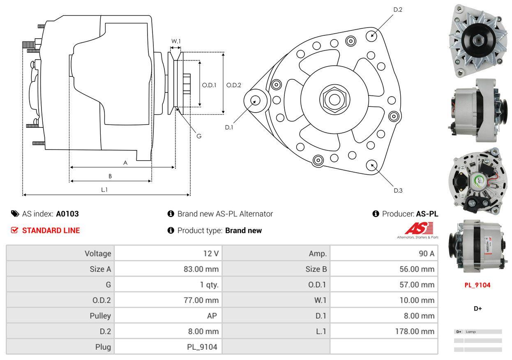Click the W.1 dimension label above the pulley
(x=176, y=41)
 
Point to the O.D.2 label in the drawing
(x=233, y=85)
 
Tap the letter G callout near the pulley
(x=198, y=136)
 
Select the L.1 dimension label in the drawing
(x=104, y=189)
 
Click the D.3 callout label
(x=398, y=190)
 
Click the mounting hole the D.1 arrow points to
(x=256, y=100)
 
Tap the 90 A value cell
(x=426, y=254)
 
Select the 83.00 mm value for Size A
(x=201, y=269)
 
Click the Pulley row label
(x=100, y=316)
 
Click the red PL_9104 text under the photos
(x=477, y=285)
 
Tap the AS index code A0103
(x=67, y=214)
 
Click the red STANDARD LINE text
(x=51, y=231)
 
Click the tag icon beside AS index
(x=15, y=214)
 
